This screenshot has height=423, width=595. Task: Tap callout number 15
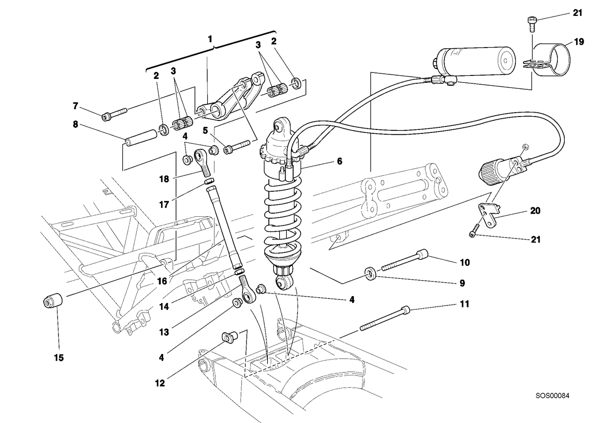point(59,358)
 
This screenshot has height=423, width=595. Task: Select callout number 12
point(160,383)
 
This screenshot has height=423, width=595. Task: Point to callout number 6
point(340,161)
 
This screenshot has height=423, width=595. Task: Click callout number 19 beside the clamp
point(579,42)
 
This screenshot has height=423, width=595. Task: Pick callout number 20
point(535,211)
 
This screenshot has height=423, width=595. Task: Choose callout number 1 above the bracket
point(210,39)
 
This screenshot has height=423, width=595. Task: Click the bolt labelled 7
point(115,114)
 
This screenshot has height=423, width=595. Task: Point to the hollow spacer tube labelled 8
point(140,137)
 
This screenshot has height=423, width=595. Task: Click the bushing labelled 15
point(53,301)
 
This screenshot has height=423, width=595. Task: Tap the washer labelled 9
point(370,274)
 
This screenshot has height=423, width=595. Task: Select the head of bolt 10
point(422,254)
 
